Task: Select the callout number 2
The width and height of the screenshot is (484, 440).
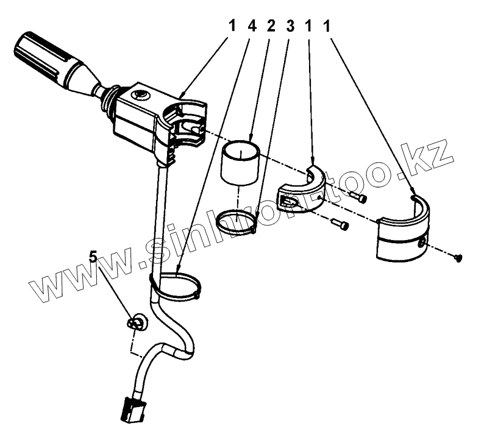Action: pyautogui.click(x=271, y=27)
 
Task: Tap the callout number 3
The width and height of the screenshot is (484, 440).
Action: pyautogui.click(x=290, y=27)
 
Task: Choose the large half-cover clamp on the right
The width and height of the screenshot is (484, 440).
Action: pyautogui.click(x=404, y=232)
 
